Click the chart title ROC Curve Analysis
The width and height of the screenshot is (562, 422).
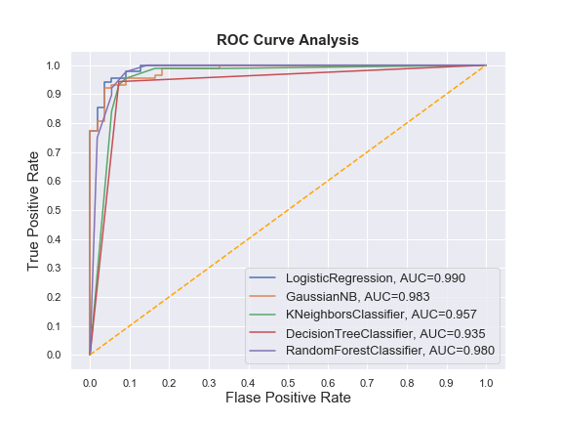point(288,40)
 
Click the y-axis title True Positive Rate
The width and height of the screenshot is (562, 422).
point(33,210)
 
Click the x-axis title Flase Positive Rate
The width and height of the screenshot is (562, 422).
point(288,398)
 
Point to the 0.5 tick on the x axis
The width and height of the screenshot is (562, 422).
point(288,379)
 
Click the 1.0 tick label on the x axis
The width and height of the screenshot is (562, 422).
point(486,379)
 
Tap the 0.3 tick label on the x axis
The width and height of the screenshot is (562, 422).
point(209,379)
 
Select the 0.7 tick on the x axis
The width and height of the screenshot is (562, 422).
point(367,379)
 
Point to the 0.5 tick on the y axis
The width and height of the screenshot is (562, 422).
point(58,210)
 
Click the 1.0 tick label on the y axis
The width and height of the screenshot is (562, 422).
point(58,65)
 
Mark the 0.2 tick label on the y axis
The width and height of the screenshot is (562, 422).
point(58,297)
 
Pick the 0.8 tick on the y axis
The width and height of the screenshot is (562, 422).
point(58,123)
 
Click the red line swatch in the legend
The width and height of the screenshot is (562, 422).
point(264,332)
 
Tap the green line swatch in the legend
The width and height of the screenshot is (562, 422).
point(264,314)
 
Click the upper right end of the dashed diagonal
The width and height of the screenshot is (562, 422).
point(485,65)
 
